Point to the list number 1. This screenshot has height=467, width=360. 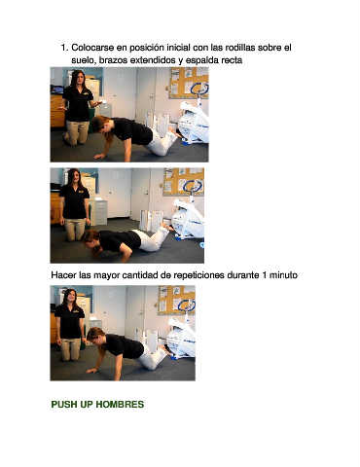(64, 48)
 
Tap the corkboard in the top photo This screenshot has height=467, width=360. (189, 83)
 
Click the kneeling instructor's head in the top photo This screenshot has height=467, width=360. (77, 79)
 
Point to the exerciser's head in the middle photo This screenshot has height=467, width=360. (91, 240)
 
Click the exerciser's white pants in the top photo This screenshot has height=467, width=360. (162, 143)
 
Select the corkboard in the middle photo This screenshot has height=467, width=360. (184, 182)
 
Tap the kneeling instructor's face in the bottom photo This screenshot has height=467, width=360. (70, 296)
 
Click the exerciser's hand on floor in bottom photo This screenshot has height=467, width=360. (92, 370)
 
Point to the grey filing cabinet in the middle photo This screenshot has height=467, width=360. (98, 211)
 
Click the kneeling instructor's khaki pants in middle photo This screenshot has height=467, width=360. (76, 230)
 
